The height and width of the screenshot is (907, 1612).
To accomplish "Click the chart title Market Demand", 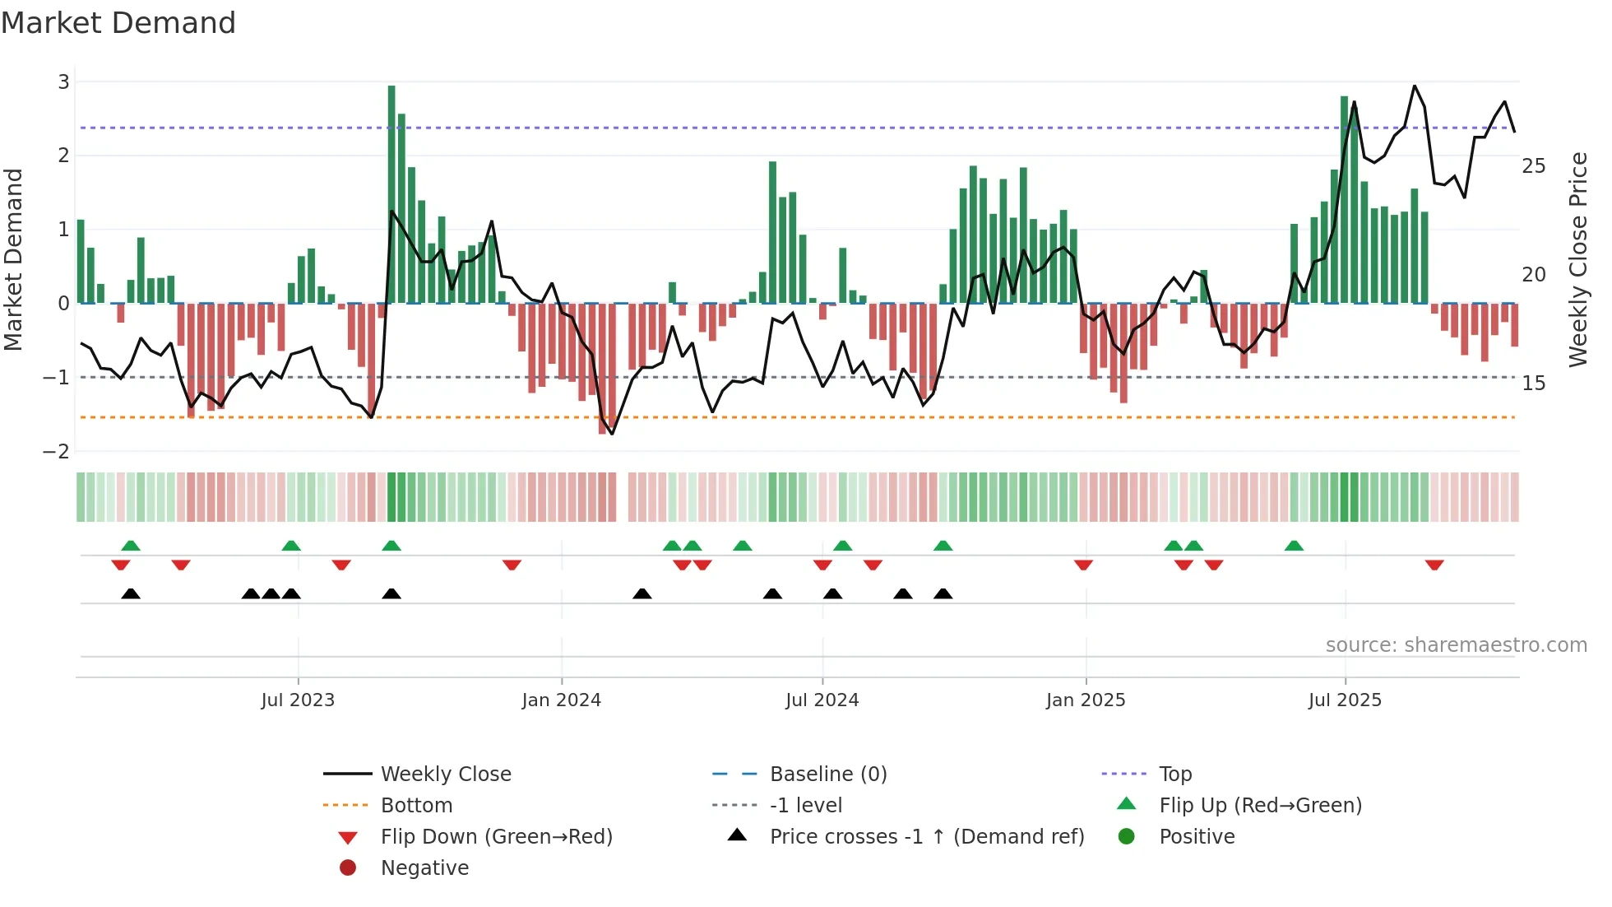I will coord(118,23).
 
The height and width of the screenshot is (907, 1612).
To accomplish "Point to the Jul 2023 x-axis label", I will coord(298,700).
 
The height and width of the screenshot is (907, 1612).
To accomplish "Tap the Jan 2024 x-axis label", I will coord(561,700).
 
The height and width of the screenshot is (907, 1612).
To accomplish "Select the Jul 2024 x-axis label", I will coord(822,700).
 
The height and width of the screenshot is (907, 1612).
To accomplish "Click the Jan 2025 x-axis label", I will coord(1086,700).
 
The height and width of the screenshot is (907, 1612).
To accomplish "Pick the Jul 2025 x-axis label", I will coord(1345,700).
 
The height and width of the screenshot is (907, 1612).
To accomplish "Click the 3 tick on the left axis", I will coord(63,81).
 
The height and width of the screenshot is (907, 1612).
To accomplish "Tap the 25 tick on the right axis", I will coord(1534,166).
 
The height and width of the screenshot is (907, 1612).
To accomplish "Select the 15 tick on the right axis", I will coord(1534,384).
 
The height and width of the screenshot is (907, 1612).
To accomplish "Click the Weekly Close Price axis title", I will coord(1577,259).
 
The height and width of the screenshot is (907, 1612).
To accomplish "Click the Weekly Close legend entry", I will coord(445,774).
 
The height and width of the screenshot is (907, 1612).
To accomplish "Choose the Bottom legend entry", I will coord(416,806).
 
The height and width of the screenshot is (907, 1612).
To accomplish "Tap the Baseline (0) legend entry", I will coord(827,774).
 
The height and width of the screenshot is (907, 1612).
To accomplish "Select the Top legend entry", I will coord(1175,774).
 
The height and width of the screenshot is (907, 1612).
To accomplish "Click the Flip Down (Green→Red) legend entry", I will coord(496,837).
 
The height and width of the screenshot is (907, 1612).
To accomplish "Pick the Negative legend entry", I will coord(424,868).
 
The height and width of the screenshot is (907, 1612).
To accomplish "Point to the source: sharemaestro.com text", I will coord(1456,645).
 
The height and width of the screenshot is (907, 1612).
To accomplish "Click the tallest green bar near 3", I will coord(391,193).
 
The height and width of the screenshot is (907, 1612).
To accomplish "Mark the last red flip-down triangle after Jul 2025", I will coord(1434,565).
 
